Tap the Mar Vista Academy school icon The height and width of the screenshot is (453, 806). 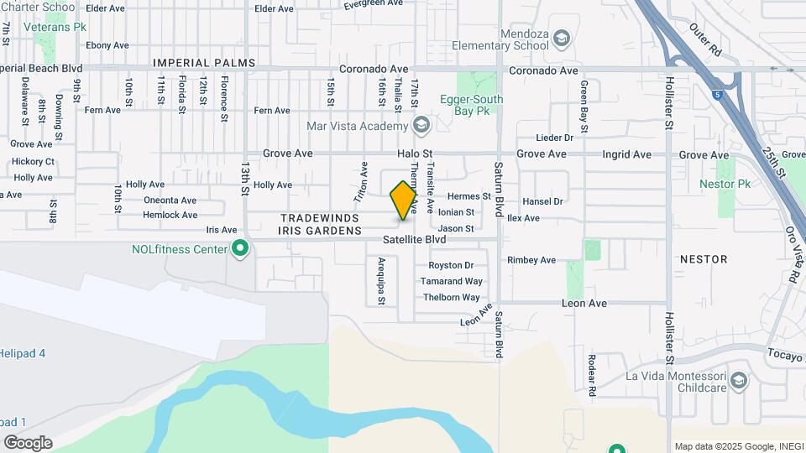(421, 127)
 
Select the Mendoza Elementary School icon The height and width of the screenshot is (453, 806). (561, 39)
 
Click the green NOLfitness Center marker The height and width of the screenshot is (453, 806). (240, 249)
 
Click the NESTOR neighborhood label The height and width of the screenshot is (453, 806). (704, 259)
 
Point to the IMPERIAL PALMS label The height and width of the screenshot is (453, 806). (192, 63)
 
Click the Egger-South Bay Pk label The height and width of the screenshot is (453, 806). (472, 105)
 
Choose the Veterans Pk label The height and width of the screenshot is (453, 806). (55, 27)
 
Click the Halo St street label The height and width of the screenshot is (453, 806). (415, 154)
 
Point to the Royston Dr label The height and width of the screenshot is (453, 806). (458, 266)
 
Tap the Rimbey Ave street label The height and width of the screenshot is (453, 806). (531, 260)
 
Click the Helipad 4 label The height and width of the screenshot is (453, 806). (23, 353)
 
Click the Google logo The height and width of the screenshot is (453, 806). (28, 442)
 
